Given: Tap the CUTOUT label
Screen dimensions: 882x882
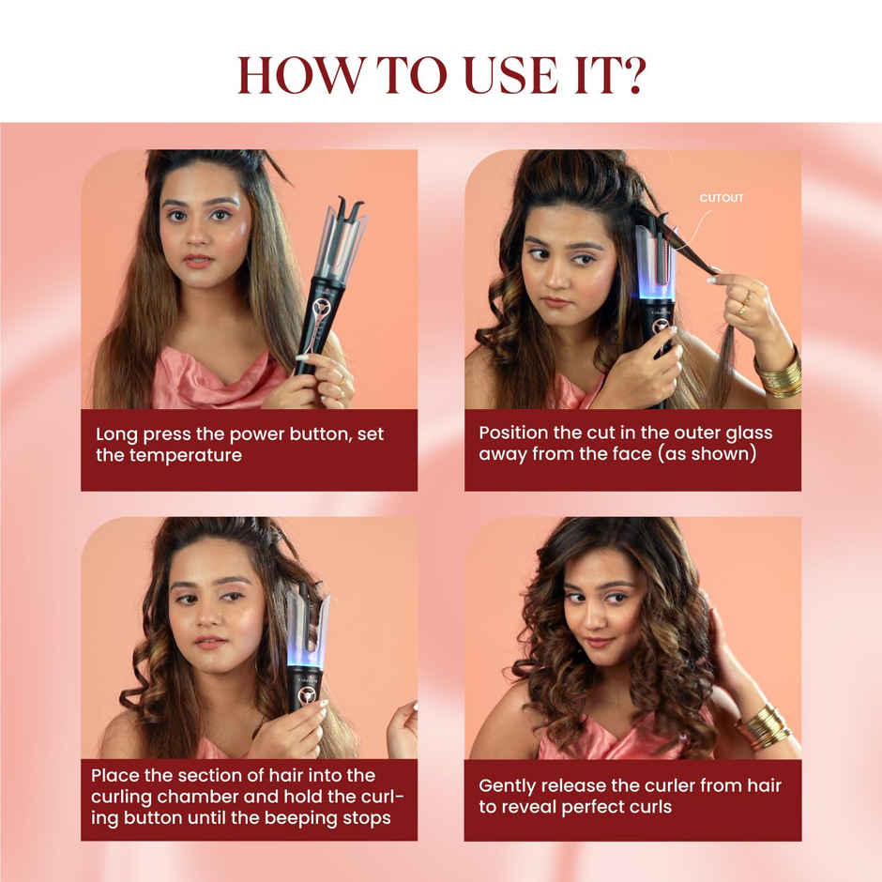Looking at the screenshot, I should click(x=722, y=198).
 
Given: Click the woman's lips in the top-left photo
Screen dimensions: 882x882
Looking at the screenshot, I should click(x=197, y=260).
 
